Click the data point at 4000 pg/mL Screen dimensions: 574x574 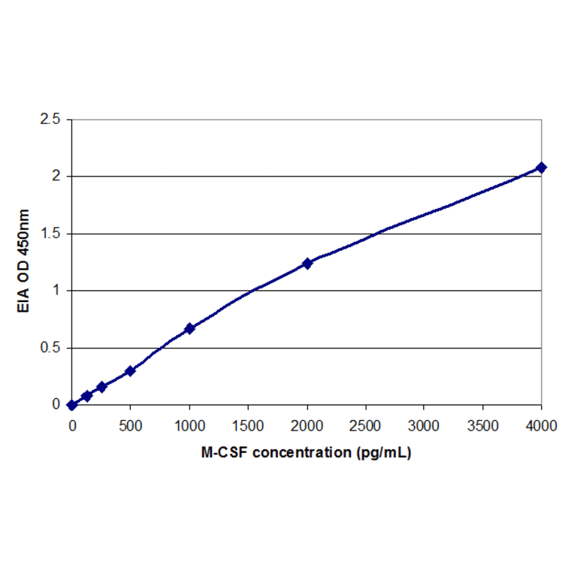point(541,167)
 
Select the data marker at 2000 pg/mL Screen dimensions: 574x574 point(307,263)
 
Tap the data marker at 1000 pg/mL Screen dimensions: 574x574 point(189,328)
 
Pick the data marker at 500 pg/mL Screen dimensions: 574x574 point(130,370)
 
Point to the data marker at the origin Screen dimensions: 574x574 point(72,405)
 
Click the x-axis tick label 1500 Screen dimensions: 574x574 point(248,425)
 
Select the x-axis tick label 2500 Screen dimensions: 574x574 point(365,425)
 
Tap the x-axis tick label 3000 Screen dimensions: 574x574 point(424,425)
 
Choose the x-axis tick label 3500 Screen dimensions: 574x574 point(482,425)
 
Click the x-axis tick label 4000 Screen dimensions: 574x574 point(541,425)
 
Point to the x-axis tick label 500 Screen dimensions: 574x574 point(131,425)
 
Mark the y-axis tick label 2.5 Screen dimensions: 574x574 point(51,119)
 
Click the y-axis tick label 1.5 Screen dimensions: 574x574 point(51,234)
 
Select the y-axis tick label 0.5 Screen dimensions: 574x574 point(51,348)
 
